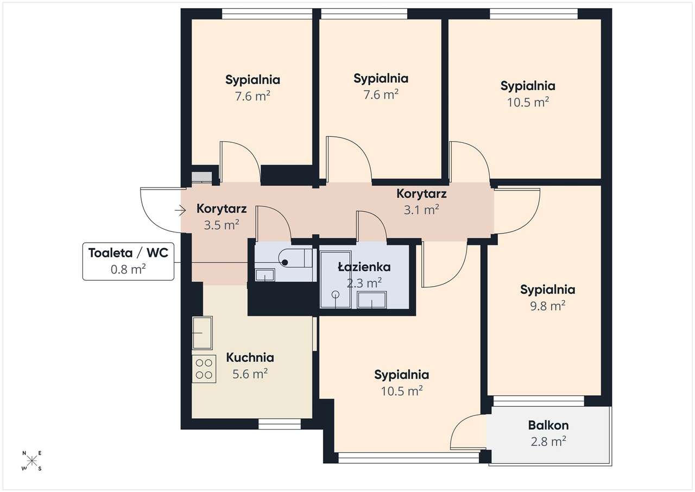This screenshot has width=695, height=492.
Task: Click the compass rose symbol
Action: pos(32,461)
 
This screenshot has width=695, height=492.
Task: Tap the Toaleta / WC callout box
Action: pos(128,262)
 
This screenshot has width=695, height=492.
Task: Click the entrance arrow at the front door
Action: pos(180,211)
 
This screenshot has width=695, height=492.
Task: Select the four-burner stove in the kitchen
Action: pos(204,369)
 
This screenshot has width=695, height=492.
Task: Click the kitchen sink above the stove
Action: pos(203,333)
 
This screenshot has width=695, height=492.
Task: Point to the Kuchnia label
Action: pos(250,358)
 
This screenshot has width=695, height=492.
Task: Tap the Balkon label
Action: pos(548,425)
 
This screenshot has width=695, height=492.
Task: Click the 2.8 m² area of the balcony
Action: pos(548,441)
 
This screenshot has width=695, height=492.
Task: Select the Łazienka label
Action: pos(364,267)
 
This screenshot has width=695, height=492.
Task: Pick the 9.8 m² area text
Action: pos(548,306)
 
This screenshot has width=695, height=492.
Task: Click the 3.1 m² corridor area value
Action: pos(421,210)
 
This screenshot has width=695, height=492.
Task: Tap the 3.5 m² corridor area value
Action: pos(222,225)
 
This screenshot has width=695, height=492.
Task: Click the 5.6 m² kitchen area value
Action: pos(250,374)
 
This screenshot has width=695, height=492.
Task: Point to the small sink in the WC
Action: pos(264,275)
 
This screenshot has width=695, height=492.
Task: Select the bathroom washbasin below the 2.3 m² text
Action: pos(372,300)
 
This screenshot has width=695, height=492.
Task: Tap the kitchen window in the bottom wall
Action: pos(280,424)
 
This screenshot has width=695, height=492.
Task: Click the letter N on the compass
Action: pos(24,453)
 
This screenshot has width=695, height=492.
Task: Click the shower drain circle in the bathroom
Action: pos(336,294)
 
